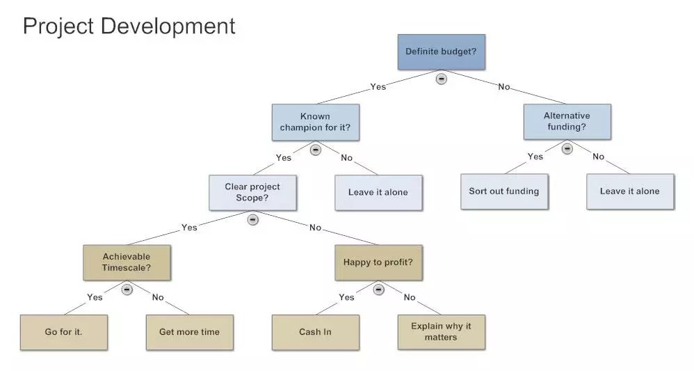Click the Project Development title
pyautogui.click(x=129, y=26)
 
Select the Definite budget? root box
pyautogui.click(x=441, y=52)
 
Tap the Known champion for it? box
pyautogui.click(x=315, y=122)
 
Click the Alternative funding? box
pyautogui.click(x=567, y=121)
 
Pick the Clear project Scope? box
pyautogui.click(x=252, y=192)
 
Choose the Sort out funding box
pyautogui.click(x=503, y=191)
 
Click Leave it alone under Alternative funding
pyautogui.click(x=629, y=191)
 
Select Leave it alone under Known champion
pyautogui.click(x=378, y=192)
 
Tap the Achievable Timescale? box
pyautogui.click(x=126, y=262)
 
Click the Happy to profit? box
pyautogui.click(x=378, y=262)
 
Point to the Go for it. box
pyautogui.click(x=63, y=332)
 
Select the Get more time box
pyautogui.click(x=189, y=332)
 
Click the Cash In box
pyautogui.click(x=315, y=332)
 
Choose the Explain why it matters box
pyautogui.click(x=441, y=332)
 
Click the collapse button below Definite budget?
pyautogui.click(x=441, y=79)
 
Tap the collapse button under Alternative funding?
pyautogui.click(x=567, y=148)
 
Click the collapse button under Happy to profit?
pyautogui.click(x=378, y=289)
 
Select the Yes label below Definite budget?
pyautogui.click(x=378, y=87)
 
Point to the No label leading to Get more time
pyautogui.click(x=158, y=297)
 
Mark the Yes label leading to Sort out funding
pyautogui.click(x=535, y=157)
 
